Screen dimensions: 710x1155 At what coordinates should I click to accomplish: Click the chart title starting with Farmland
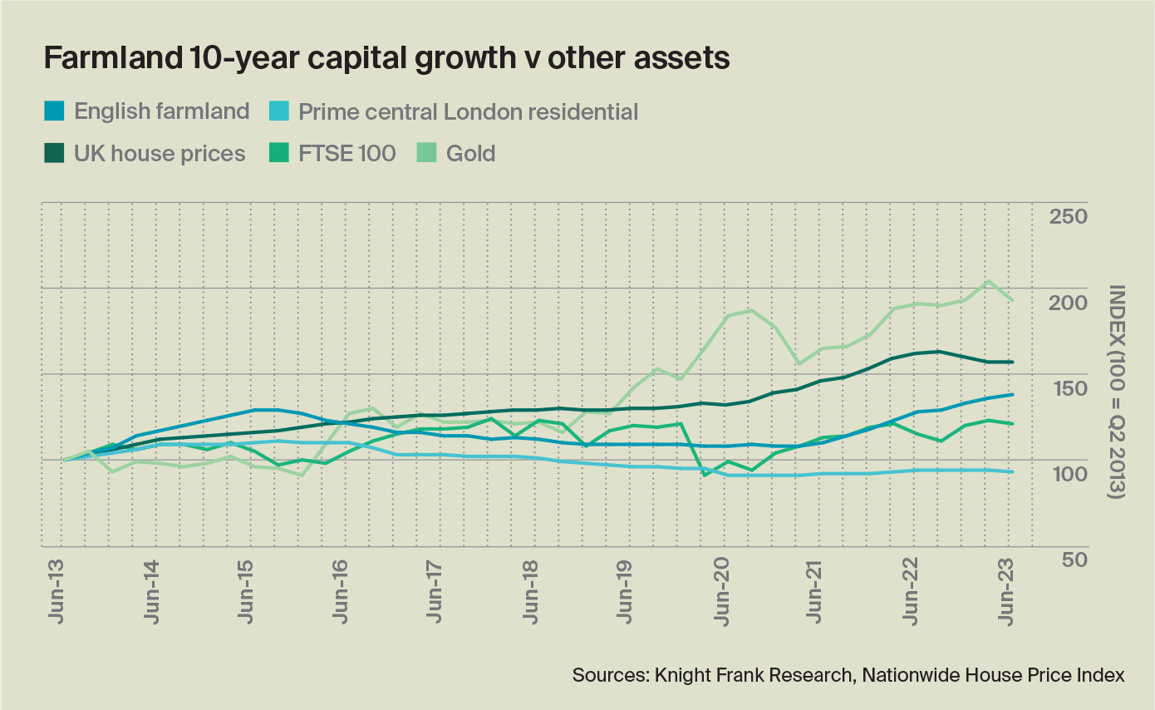click(386, 60)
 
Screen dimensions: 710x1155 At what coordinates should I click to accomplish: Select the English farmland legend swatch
click(55, 111)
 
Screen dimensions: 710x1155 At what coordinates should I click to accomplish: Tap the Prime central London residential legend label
click(468, 111)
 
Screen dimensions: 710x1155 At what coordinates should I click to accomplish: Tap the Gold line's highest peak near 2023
click(988, 281)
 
